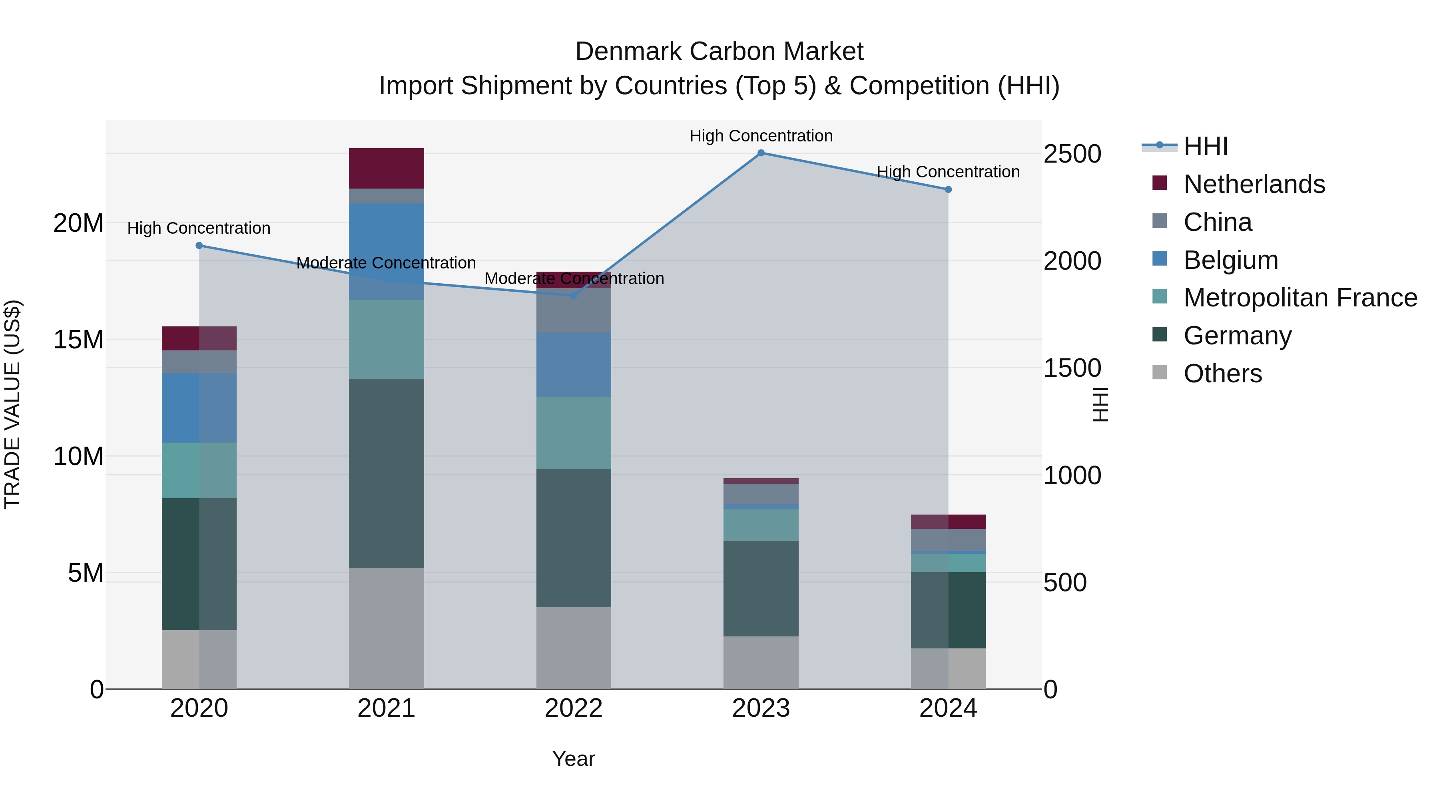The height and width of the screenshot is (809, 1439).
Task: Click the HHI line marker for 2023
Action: [761, 153]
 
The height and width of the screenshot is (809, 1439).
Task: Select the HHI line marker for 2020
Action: [199, 246]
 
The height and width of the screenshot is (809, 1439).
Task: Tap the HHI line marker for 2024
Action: [948, 190]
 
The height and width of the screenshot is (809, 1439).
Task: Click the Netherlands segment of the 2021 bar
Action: [386, 168]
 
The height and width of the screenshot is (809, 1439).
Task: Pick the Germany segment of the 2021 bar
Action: [386, 473]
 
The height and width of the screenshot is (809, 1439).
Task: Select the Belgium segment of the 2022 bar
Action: [573, 365]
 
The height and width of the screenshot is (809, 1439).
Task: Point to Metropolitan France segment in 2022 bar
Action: [573, 433]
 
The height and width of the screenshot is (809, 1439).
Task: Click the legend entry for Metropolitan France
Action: [1299, 298]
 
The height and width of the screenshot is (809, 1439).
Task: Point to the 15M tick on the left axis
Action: [78, 340]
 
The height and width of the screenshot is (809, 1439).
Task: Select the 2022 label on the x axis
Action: [573, 708]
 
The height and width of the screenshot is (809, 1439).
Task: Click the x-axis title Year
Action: [573, 759]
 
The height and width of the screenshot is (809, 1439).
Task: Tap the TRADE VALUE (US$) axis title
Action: [12, 404]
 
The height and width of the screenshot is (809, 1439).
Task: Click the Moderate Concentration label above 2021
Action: [386, 263]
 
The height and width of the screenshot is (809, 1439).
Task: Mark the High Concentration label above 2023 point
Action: [761, 136]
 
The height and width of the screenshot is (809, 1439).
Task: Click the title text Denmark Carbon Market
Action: [719, 52]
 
